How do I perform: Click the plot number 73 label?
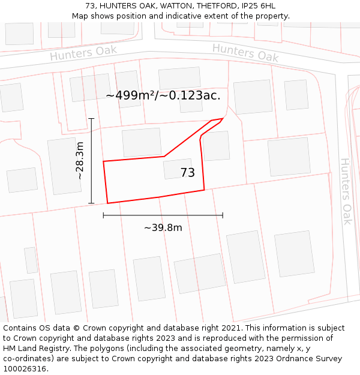coord(187,173)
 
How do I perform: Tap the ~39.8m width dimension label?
coord(163,228)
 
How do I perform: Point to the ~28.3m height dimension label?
coord(80,161)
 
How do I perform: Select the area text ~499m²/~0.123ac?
coord(163,95)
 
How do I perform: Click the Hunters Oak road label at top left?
coord(79,53)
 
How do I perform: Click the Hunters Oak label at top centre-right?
coord(245,53)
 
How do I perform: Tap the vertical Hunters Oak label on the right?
coord(346,191)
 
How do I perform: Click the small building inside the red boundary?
coord(178,169)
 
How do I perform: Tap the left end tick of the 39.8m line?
coord(103,215)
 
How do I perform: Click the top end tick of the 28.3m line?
coord(91,119)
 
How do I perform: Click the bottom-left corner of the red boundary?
coord(107,203)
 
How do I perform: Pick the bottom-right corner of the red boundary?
coord(204,190)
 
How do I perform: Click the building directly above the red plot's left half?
coord(142,142)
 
